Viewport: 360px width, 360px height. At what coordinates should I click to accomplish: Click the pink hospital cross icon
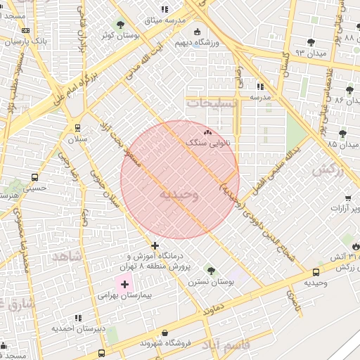pos(125,284)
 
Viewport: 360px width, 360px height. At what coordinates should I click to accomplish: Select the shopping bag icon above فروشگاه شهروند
pos(165,333)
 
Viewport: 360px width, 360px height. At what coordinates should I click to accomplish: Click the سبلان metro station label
pos(77,140)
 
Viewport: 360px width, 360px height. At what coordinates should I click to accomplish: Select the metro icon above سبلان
pos(77,129)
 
